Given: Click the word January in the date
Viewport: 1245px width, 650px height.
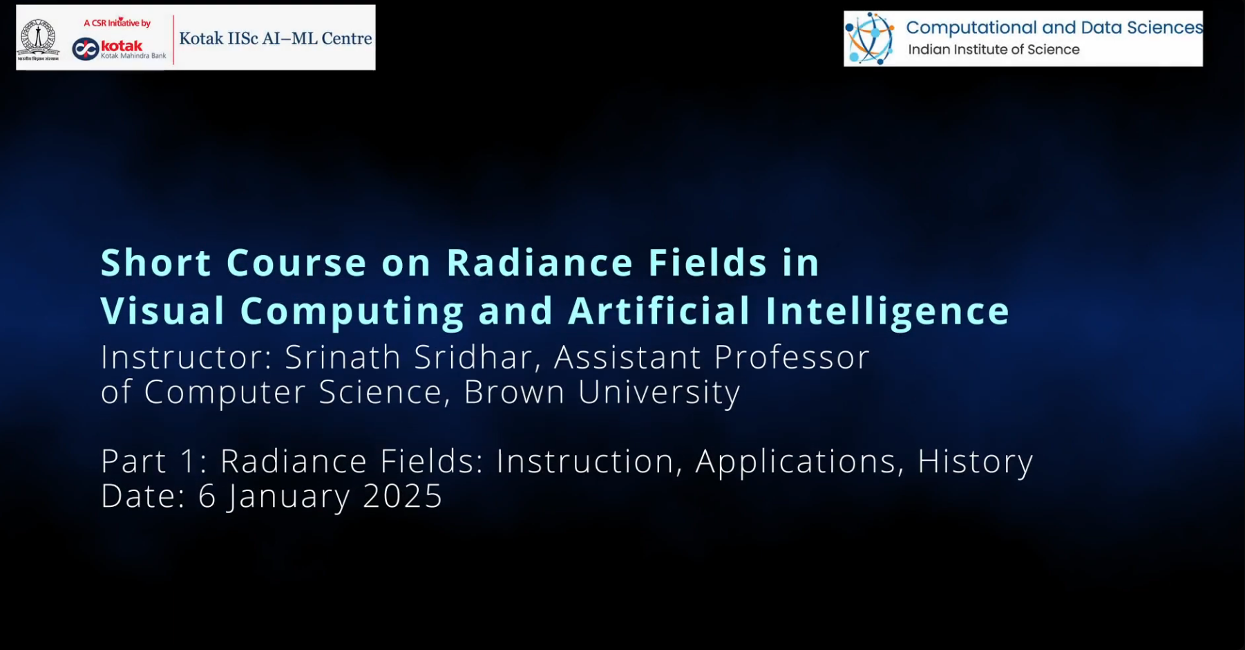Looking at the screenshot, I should coord(289,496).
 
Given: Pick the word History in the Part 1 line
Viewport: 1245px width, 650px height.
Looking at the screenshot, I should coord(975,461).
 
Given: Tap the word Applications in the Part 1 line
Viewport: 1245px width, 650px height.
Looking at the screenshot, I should coord(795,461).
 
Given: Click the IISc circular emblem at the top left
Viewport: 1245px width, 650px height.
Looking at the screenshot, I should coord(39,38).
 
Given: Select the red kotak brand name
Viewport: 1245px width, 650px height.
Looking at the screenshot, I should coord(122,46).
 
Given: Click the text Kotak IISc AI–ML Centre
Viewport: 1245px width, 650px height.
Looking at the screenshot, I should coord(275,39).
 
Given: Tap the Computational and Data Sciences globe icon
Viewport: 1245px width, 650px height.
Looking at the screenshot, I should coord(870,39).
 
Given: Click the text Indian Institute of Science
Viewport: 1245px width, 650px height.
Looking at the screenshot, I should coord(993,50).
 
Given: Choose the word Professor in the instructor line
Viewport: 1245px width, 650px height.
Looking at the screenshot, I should coord(791,357).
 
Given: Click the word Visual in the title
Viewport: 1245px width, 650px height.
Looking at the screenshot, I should coord(163,311).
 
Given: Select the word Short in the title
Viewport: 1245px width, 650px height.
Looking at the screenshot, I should coord(155,263).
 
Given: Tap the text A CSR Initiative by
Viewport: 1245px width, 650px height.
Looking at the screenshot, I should coord(117,23).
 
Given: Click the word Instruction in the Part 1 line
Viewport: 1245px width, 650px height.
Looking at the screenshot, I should coord(584,461).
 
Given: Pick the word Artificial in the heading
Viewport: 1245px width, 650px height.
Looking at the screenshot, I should coord(658,311).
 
